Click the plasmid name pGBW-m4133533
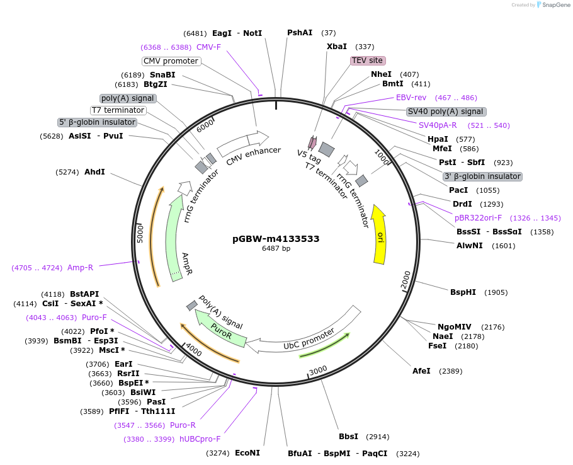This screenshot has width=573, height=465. tap(276, 239)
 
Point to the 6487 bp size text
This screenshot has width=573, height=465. tap(276, 249)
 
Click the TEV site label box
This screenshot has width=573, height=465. tap(368, 60)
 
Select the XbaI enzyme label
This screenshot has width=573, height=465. tap(337, 47)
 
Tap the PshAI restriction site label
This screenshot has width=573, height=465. tap(300, 33)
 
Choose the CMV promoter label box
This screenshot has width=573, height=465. tap(171, 61)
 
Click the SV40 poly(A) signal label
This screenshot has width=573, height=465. tap(445, 112)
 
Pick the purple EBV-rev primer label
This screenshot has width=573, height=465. tap(411, 98)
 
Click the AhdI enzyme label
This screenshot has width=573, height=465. tap(94, 171)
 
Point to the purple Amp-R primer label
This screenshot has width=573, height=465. tap(80, 268)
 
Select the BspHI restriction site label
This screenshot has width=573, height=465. tap(463, 292)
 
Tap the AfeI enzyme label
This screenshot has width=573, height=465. tap(421, 371)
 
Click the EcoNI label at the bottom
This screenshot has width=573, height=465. tap(247, 453)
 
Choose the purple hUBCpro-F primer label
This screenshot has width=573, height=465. tap(200, 439)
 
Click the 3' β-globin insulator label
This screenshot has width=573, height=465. tap(482, 176)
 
